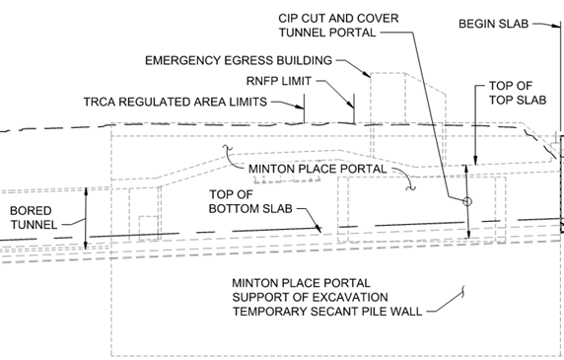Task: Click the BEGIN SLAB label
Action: (x=496, y=22)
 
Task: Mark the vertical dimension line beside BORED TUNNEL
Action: (x=87, y=217)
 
